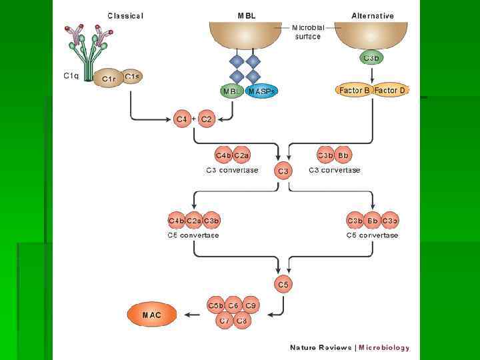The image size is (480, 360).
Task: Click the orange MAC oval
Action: coord(152,315)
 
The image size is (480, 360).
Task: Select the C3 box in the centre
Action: coord(283,171)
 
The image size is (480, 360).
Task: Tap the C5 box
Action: coord(283,285)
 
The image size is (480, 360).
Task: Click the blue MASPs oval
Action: coord(262,91)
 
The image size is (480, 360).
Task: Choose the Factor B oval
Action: coord(355,91)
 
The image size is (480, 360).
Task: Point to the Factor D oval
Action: coord(390,91)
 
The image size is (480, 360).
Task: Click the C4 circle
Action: coord(182,119)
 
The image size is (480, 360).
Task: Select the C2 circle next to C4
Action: coord(206,119)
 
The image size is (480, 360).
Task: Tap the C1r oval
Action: coord(109,79)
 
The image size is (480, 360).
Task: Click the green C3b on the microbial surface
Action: coord(372,58)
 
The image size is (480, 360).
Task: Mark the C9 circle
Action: coord(251,305)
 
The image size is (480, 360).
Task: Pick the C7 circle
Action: coord(225,321)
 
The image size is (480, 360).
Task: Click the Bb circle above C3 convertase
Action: coord(343,155)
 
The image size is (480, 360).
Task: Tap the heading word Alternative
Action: coord(373,16)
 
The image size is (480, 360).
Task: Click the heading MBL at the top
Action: coord(246,16)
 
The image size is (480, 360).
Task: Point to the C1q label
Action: coord(71,76)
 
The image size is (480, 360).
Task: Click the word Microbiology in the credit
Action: coord(384,347)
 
